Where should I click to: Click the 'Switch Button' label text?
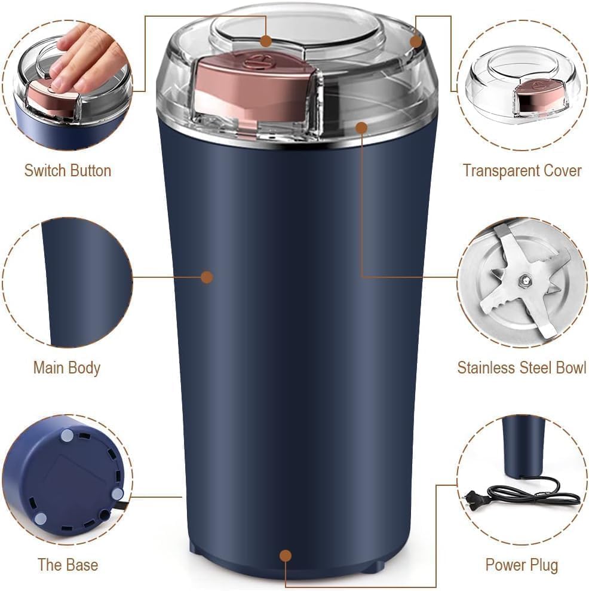[x=68, y=170]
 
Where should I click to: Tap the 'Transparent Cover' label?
[x=521, y=170]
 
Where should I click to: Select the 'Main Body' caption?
[x=66, y=368]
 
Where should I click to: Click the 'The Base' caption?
[x=68, y=564]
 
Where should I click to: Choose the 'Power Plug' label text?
[x=521, y=564]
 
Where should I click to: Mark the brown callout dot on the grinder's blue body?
[x=207, y=277]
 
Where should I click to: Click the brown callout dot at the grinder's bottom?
[x=286, y=556]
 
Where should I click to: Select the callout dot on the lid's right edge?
[x=416, y=41]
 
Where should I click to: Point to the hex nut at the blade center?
[x=523, y=279]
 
